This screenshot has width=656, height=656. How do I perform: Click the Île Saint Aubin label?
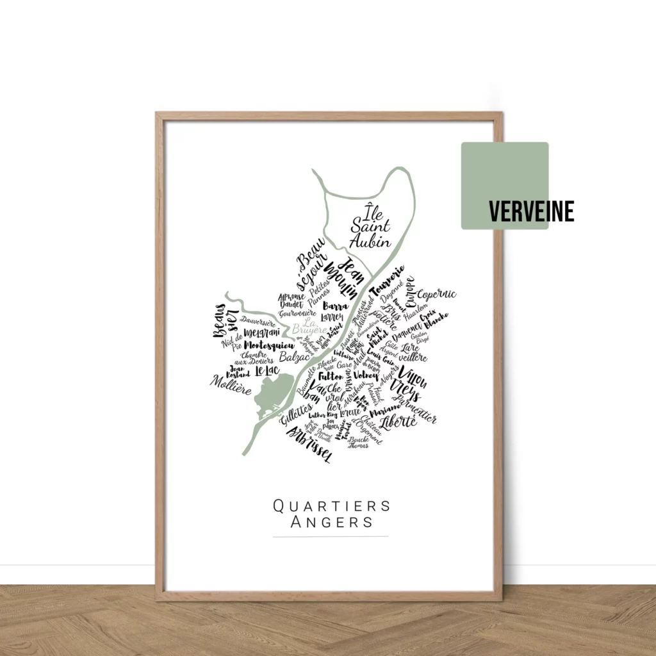pyautogui.click(x=370, y=227)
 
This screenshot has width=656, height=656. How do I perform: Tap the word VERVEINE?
pyautogui.click(x=531, y=211)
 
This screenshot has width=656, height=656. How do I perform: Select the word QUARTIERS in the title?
pyautogui.click(x=331, y=505)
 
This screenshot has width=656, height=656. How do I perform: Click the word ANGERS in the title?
pyautogui.click(x=331, y=521)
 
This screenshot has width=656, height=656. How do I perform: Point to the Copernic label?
pyautogui.click(x=437, y=294)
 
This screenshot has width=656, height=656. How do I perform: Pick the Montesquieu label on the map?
pyautogui.click(x=265, y=346)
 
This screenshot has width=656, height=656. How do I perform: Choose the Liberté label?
pyautogui.click(x=398, y=422)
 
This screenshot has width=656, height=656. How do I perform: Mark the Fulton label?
pyautogui.click(x=331, y=377)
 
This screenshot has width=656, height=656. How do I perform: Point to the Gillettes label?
pyautogui.click(x=297, y=414)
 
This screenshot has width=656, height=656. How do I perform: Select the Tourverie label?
pyautogui.click(x=389, y=281)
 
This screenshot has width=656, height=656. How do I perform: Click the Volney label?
pyautogui.click(x=366, y=375)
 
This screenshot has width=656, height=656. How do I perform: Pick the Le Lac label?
pyautogui.click(x=266, y=371)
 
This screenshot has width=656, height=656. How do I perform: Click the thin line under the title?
pyautogui.click(x=331, y=536)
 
